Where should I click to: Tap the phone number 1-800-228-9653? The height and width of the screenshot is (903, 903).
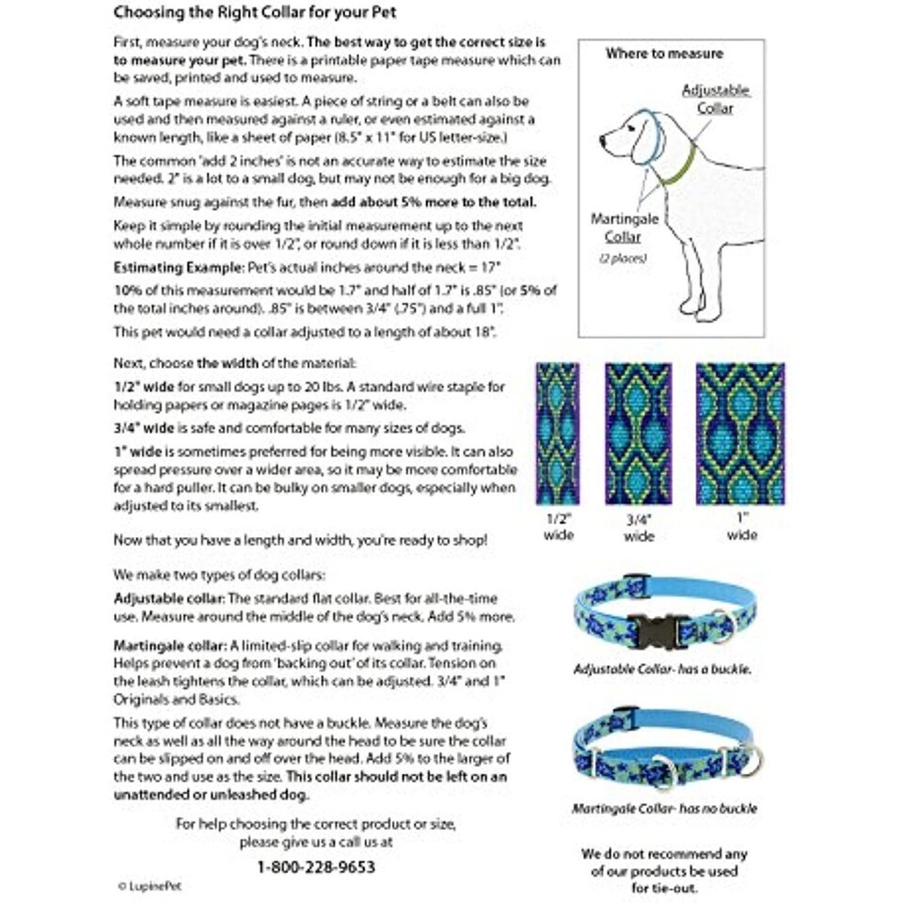click(316, 866)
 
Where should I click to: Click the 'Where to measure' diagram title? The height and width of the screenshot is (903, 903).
click(663, 54)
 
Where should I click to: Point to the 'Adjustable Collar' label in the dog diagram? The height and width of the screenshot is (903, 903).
click(715, 99)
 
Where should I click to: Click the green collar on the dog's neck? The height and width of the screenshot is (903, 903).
click(679, 168)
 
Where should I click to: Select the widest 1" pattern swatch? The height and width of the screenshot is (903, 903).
click(740, 433)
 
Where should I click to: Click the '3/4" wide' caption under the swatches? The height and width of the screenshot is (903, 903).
click(639, 527)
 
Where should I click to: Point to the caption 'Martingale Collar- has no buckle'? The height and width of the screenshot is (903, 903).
click(664, 808)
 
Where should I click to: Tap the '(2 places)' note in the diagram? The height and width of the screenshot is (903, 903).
click(616, 258)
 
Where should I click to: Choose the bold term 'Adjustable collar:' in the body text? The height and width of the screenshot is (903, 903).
click(168, 598)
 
